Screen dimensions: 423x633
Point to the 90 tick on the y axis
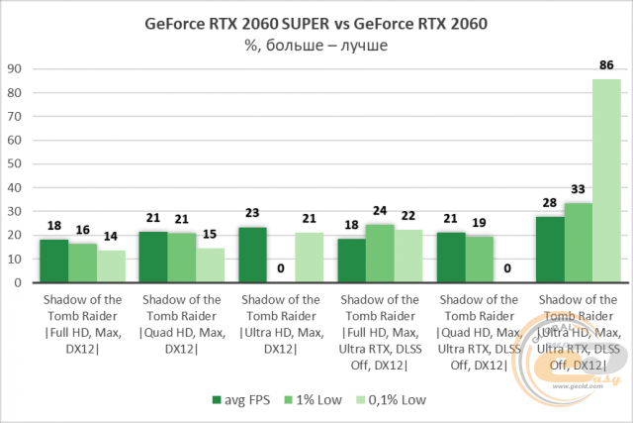tap(16, 69)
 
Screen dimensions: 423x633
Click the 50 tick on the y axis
tap(16, 164)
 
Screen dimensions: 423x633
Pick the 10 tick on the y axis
tap(16, 259)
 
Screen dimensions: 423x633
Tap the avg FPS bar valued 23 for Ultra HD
tap(253, 256)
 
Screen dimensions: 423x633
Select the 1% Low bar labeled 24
tap(382, 254)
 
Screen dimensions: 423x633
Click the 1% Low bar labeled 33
tap(578, 244)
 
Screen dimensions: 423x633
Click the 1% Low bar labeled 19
tap(480, 261)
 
